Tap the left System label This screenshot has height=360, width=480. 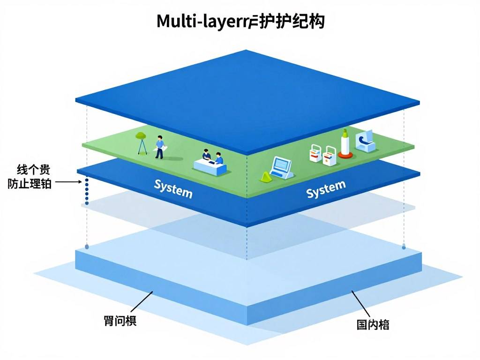(x=173, y=188)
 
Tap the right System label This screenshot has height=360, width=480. (x=325, y=189)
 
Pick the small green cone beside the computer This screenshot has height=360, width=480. (x=266, y=177)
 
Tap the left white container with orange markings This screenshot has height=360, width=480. (x=316, y=153)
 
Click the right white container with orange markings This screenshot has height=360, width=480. (x=330, y=155)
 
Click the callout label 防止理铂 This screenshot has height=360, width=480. (x=30, y=183)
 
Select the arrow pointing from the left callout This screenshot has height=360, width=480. (x=68, y=182)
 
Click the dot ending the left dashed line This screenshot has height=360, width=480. (x=87, y=246)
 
